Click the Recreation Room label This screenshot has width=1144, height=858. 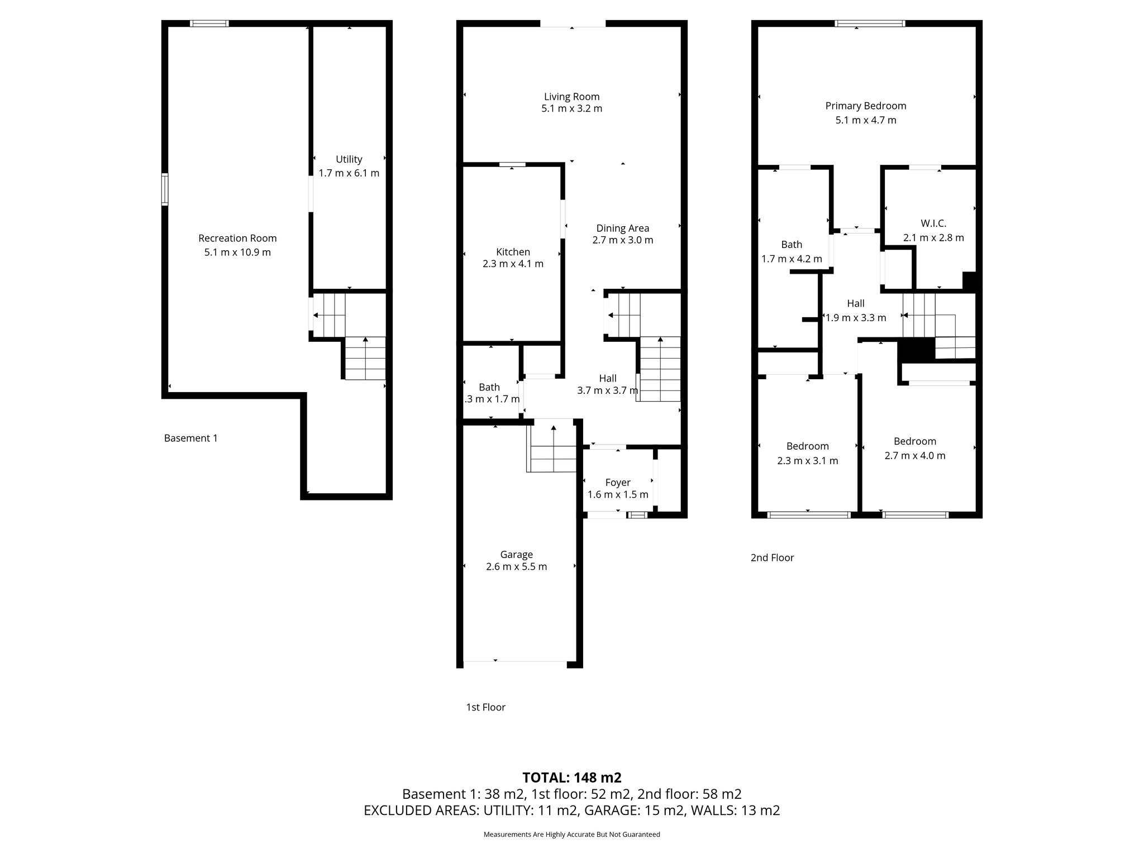tap(237, 238)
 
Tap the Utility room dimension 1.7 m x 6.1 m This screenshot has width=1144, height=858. tap(349, 173)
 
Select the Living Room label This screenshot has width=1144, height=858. tap(572, 97)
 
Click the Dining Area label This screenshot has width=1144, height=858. tap(623, 228)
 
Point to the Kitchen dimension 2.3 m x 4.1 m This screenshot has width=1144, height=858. tap(513, 264)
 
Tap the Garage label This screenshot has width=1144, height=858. tap(517, 554)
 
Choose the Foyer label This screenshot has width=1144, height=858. tap(618, 482)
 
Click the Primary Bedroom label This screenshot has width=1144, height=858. tap(866, 106)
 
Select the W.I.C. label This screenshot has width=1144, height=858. tap(933, 223)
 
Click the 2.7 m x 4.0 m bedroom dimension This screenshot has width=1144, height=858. tap(915, 455)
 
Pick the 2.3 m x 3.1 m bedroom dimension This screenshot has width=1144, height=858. tap(808, 461)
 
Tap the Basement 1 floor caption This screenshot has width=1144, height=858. tap(191, 438)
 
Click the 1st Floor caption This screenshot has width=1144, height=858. tap(486, 707)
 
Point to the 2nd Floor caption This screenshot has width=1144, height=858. tap(773, 557)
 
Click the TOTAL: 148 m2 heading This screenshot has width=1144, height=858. tap(572, 778)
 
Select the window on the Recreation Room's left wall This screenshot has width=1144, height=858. tap(165, 189)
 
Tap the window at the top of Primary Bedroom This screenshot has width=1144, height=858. tap(870, 23)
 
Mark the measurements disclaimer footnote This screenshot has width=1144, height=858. tap(572, 835)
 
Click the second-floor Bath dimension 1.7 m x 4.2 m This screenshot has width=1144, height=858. tap(792, 259)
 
